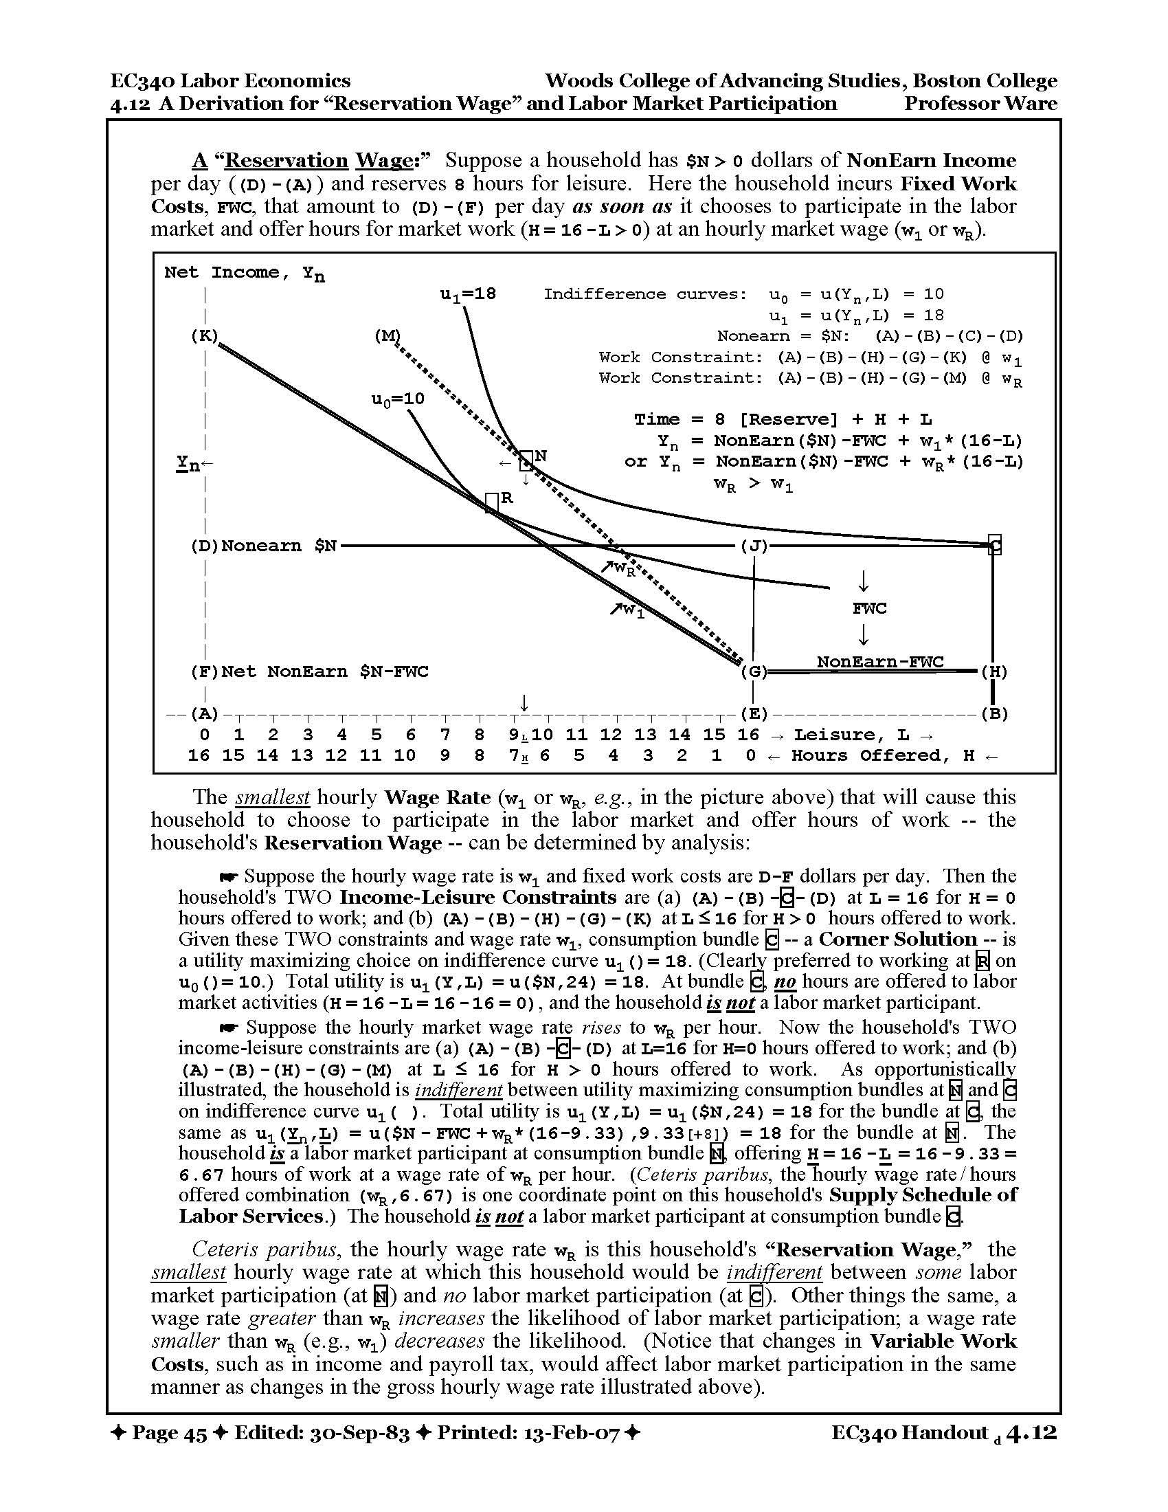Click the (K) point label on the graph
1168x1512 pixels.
point(204,337)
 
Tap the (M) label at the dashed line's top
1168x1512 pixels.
point(388,337)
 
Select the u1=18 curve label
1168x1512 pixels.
point(469,294)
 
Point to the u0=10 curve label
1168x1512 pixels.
point(398,399)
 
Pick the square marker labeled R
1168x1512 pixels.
point(491,502)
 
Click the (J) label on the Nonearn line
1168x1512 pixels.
point(754,546)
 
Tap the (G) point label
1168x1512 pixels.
point(754,672)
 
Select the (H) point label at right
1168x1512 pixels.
point(994,672)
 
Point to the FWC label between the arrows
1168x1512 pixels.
point(869,609)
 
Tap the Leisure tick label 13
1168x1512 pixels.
point(646,735)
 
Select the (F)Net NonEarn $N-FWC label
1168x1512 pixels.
point(309,672)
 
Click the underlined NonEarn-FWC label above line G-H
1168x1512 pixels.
point(879,662)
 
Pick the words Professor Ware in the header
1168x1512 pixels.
point(980,104)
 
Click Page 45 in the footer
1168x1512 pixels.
point(169,1433)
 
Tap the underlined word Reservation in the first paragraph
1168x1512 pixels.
point(287,161)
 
